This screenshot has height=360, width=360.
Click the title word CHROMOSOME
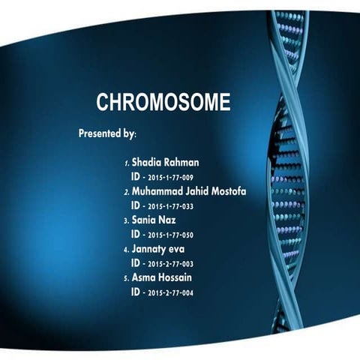click(163, 103)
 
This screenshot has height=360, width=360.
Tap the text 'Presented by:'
click(107, 134)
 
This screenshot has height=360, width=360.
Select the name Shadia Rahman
click(165, 162)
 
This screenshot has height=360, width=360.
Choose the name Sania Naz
click(153, 220)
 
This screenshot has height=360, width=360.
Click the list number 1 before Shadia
click(126, 163)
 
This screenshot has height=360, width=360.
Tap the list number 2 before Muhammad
click(126, 192)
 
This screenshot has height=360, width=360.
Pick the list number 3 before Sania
click(126, 221)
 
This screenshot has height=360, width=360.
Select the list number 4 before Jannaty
click(126, 250)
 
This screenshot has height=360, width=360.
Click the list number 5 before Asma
click(126, 279)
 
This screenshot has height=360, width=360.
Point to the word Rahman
click(182, 162)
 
